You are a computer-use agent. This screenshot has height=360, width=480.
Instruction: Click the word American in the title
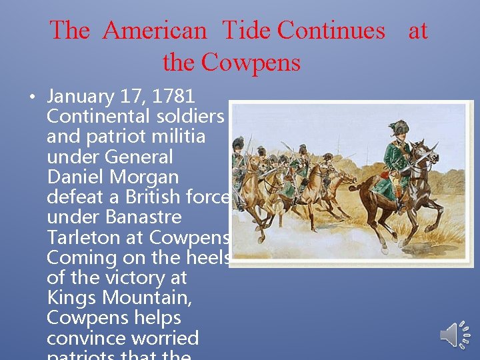click(155, 31)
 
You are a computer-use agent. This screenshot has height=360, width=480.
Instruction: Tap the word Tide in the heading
click(246, 31)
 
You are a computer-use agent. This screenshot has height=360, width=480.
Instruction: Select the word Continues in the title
click(331, 31)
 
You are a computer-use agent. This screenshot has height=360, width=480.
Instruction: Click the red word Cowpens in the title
click(251, 63)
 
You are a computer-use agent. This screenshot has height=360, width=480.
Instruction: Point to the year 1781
click(173, 97)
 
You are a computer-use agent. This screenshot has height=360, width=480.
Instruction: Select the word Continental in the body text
click(100, 117)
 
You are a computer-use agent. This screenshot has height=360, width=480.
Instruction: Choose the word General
click(139, 157)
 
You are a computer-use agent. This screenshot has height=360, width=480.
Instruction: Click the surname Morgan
click(146, 177)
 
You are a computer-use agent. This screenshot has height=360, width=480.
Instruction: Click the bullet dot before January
click(32, 97)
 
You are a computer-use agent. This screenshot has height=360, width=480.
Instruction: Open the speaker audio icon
click(455, 333)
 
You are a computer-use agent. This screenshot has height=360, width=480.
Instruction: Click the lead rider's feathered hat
click(400, 127)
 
